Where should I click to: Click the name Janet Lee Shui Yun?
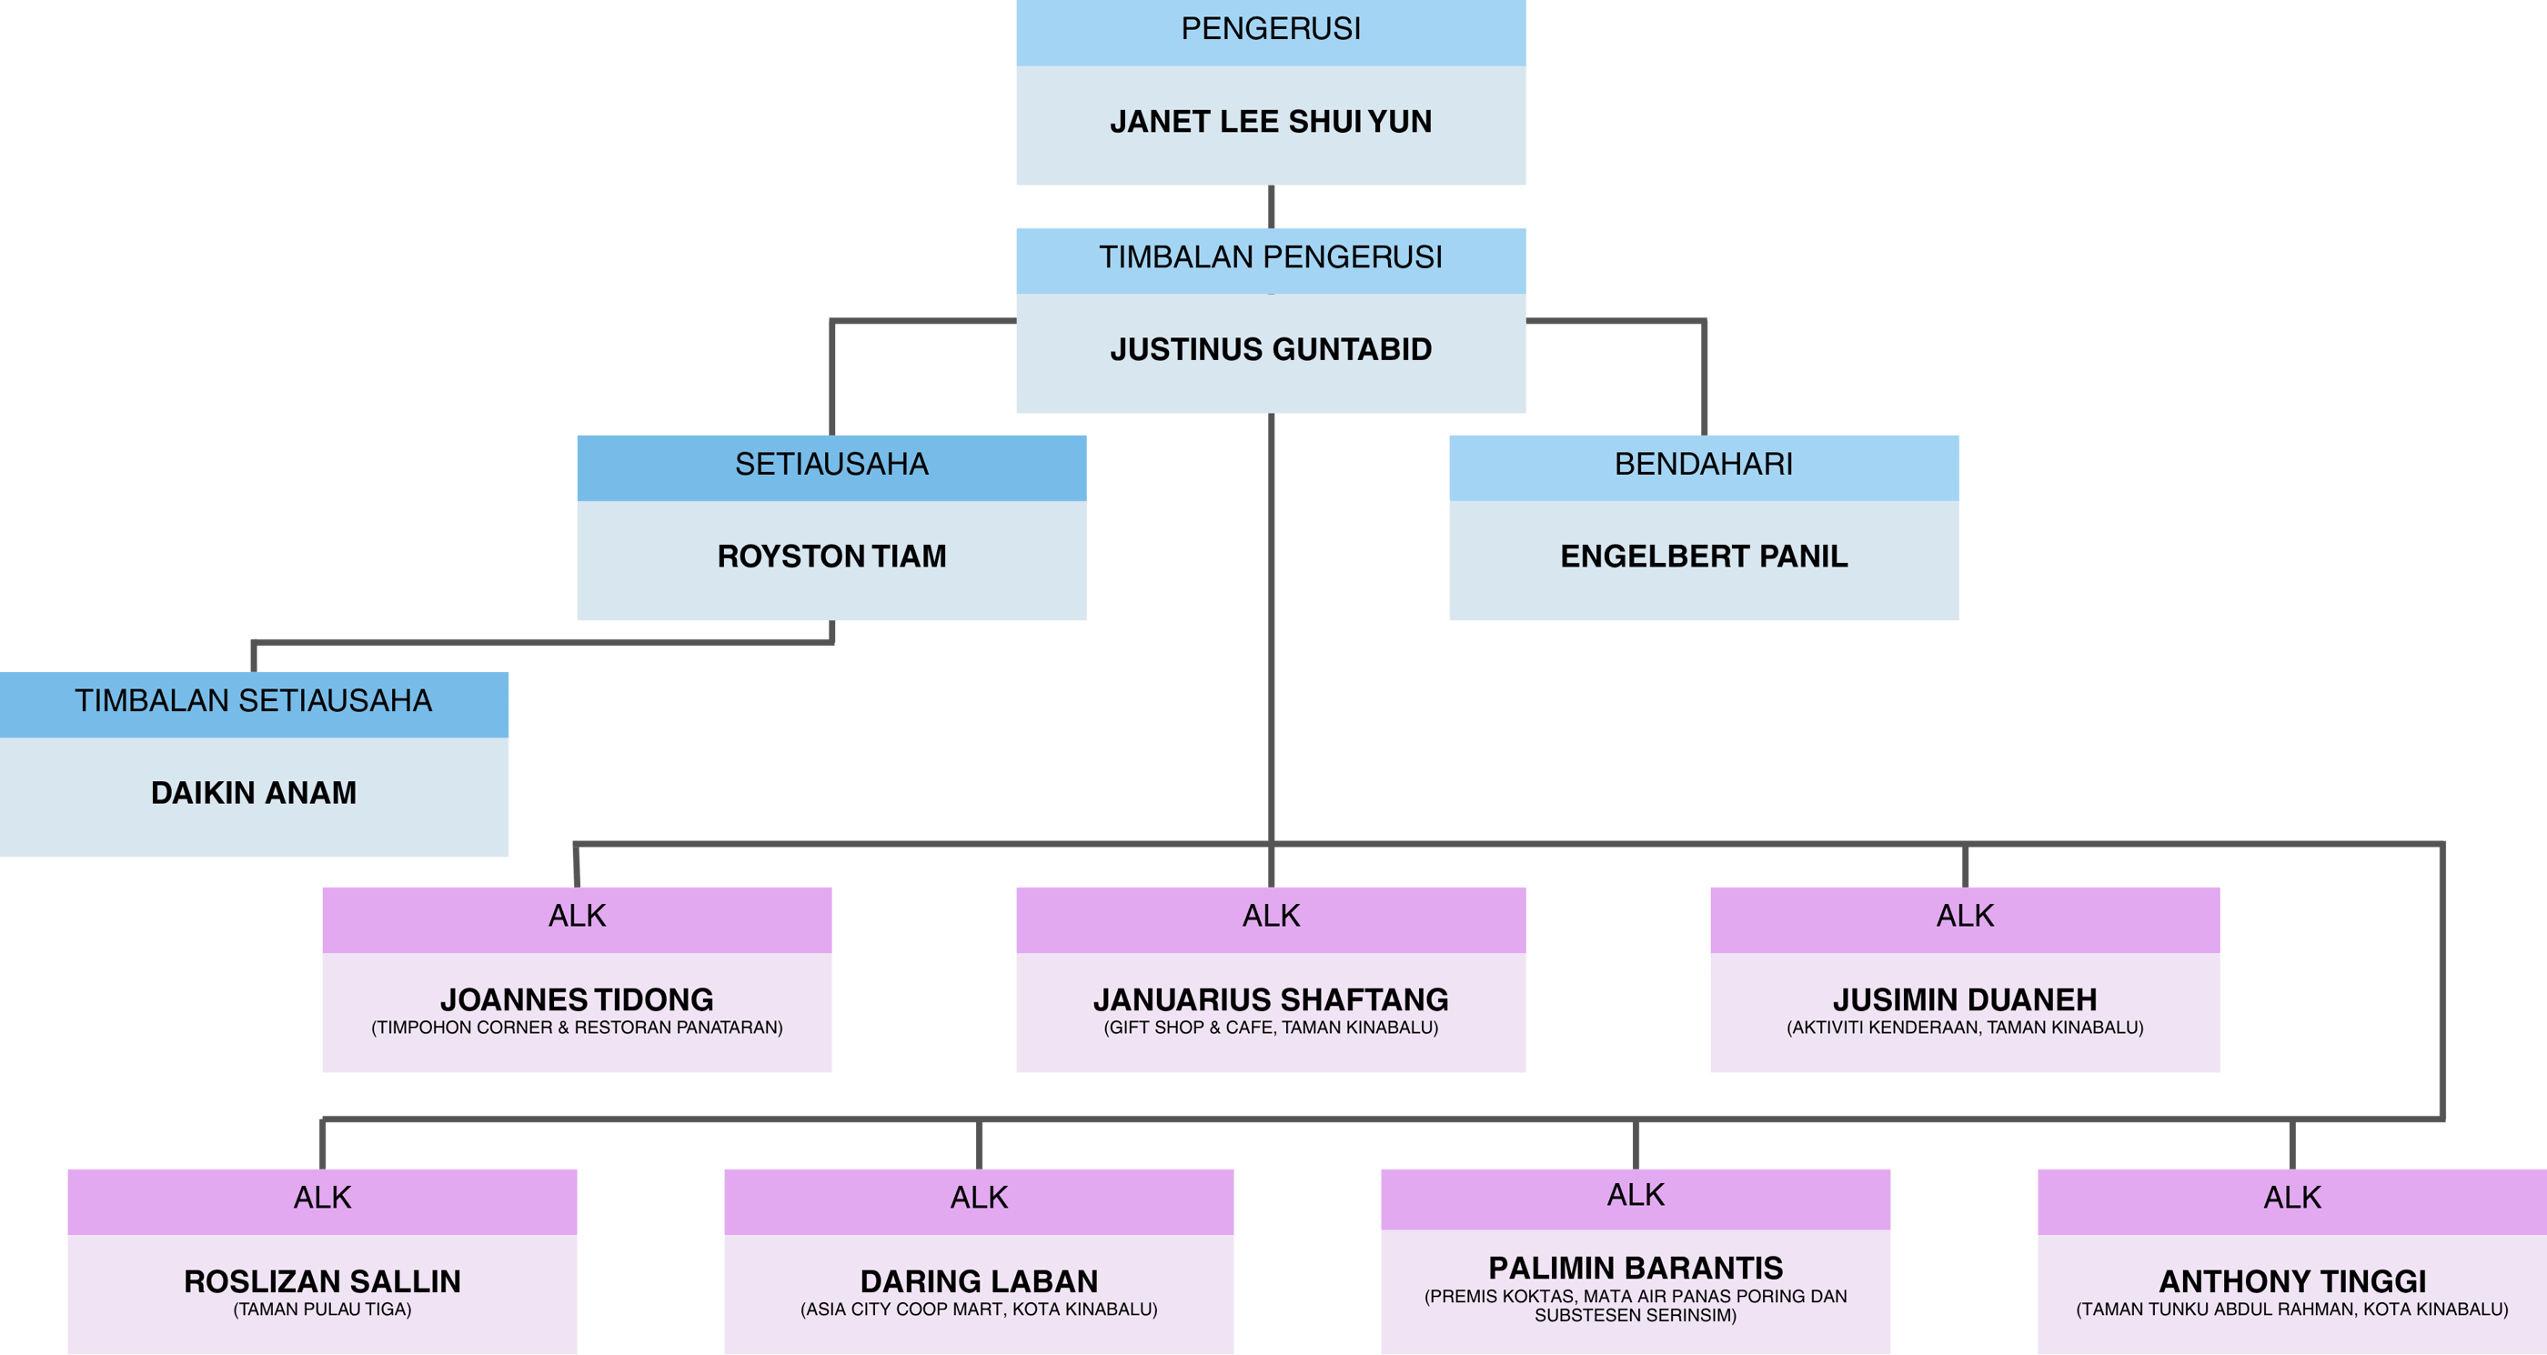coord(1271,122)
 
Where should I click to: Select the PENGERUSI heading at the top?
coord(1271,29)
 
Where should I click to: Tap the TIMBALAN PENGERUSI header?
coord(1271,257)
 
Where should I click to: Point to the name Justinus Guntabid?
coord(1271,349)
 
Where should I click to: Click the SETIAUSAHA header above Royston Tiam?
coord(831,464)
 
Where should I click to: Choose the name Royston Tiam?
coord(831,557)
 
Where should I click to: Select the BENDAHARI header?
coord(1704,464)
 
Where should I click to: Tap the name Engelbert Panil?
coord(1704,557)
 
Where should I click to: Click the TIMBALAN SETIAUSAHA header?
coord(253,701)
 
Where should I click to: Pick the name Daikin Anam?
coord(253,793)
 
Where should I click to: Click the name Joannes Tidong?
coord(577,999)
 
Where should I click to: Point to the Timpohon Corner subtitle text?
coord(577,1028)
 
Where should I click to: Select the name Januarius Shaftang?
coord(1271,999)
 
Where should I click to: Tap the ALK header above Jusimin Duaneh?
coord(1965,916)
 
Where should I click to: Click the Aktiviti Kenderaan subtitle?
coord(1965,1028)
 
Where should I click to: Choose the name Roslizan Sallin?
coord(322,1282)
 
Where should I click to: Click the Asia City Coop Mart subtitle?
coord(979,1310)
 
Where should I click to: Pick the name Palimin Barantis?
coord(1636,1268)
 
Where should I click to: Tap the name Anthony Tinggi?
coord(2292,1282)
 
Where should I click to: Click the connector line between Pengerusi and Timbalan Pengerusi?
coord(1271,206)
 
